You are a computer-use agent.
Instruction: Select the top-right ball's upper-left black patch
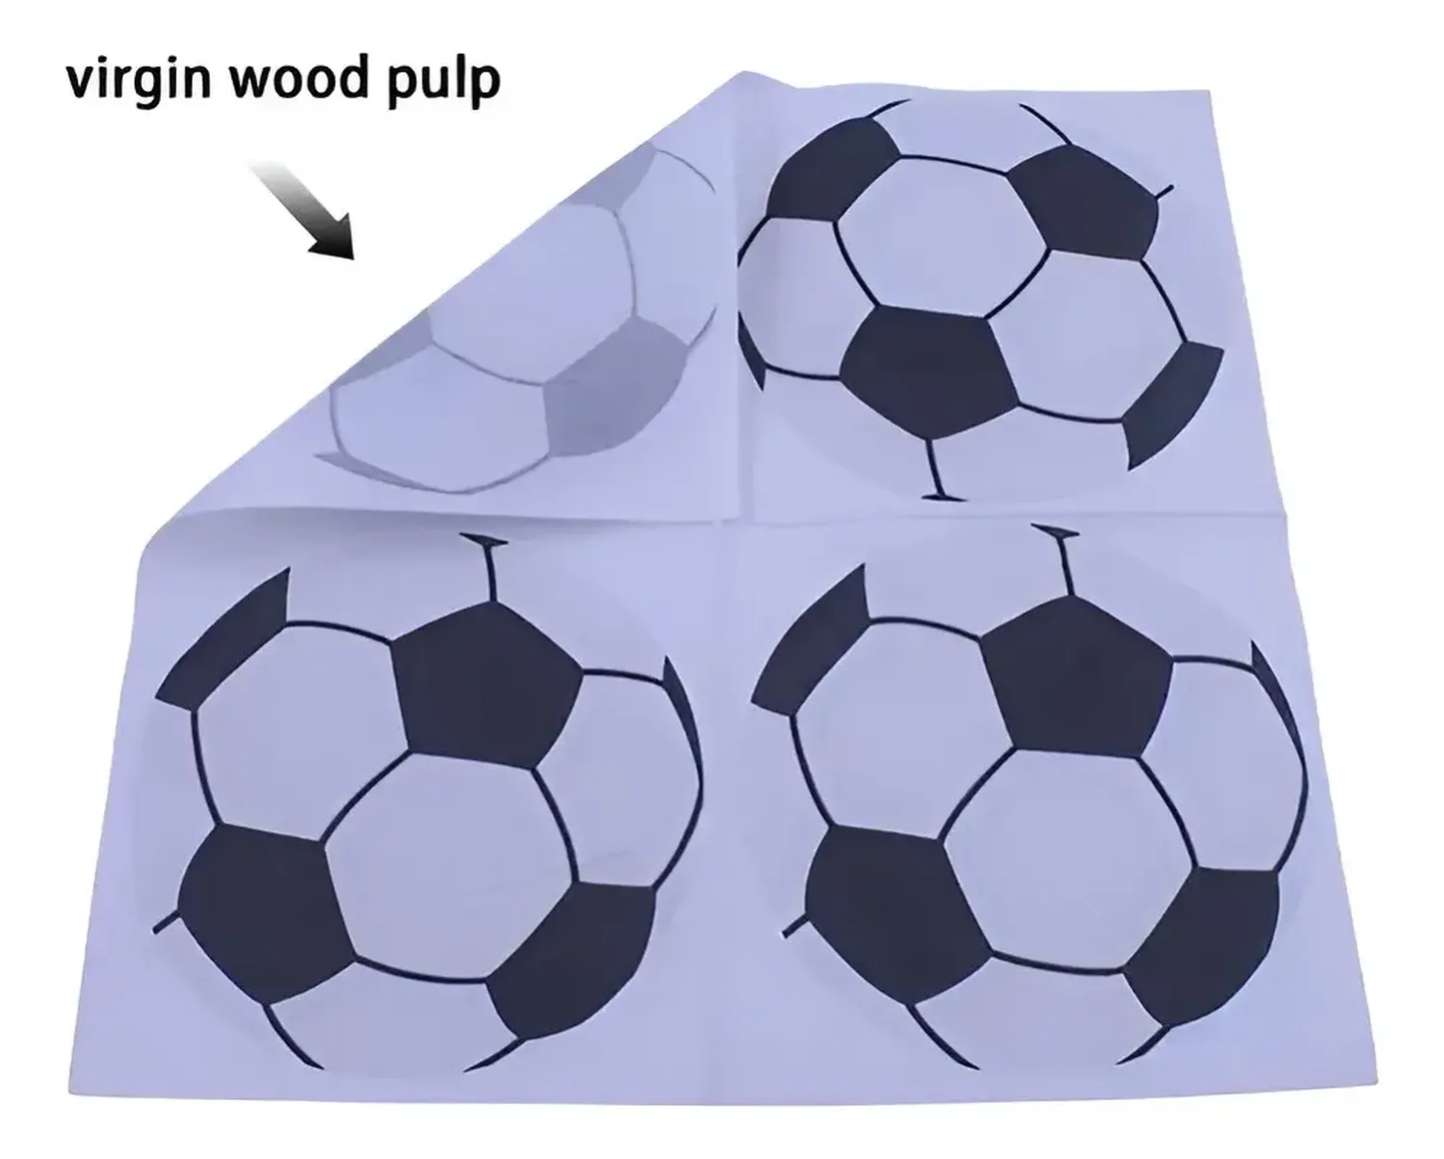tap(832, 168)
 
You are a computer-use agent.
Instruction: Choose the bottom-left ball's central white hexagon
tap(450, 865)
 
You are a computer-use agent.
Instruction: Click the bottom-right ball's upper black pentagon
tap(1073, 677)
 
